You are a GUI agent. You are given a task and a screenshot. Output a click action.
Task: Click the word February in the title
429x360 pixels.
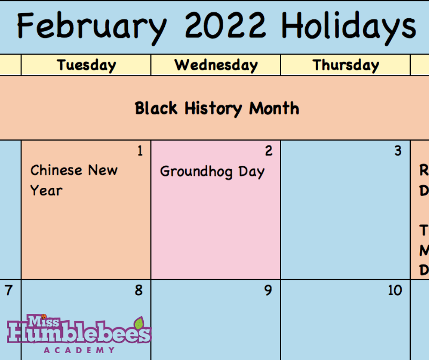[x=91, y=26]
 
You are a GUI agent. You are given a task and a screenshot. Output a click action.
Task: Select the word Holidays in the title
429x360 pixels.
[x=349, y=26]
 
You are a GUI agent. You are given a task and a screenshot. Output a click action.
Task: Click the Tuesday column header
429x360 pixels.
[x=86, y=65]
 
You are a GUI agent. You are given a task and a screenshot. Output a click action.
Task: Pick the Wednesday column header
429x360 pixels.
[x=216, y=65]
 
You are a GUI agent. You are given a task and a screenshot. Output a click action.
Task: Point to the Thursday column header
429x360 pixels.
[x=345, y=65]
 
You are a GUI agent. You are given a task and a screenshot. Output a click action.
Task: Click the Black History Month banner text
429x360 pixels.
[x=217, y=109]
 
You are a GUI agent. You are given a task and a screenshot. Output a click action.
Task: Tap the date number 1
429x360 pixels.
[x=140, y=151]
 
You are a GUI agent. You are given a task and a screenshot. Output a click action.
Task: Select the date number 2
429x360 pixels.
[x=269, y=151]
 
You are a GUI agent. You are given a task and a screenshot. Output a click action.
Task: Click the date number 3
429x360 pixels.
[x=398, y=151]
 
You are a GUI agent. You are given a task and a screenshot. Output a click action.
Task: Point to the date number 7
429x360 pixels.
[x=9, y=291]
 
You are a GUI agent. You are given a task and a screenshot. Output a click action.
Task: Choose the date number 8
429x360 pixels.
[x=139, y=291]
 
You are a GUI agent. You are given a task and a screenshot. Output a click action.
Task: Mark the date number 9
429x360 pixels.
[x=269, y=291]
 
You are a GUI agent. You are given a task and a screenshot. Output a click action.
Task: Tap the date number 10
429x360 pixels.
[x=395, y=291]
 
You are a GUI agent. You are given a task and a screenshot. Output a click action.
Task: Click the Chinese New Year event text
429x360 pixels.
[x=74, y=180]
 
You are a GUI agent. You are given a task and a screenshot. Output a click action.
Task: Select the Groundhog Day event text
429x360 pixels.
[x=212, y=172]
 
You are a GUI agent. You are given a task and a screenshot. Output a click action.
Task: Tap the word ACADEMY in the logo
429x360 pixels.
[x=79, y=350]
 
